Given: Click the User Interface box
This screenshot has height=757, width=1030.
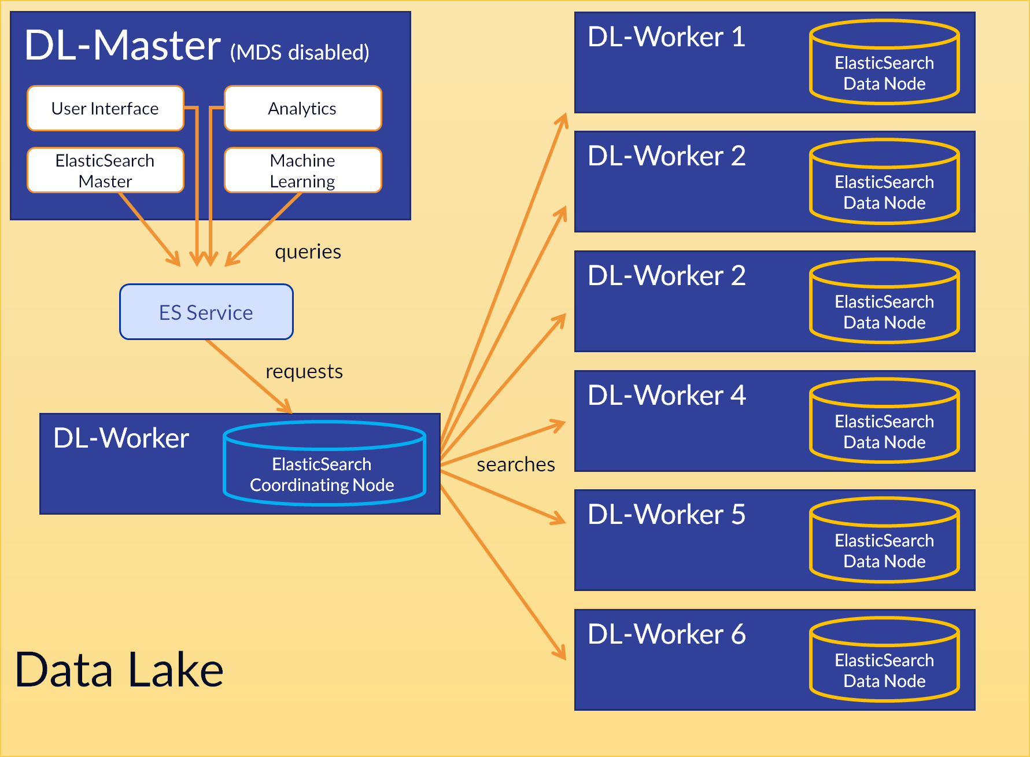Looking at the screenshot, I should [x=105, y=109].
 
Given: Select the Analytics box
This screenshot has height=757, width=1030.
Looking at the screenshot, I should [x=302, y=109].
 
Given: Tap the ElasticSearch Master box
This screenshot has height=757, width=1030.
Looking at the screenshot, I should [x=105, y=171].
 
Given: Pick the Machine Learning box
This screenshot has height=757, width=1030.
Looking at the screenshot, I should [x=302, y=171].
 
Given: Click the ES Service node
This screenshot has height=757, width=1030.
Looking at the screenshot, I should [x=206, y=312].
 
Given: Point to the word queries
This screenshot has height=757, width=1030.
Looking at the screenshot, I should [x=308, y=252].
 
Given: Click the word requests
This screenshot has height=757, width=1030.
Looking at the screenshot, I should [x=304, y=371].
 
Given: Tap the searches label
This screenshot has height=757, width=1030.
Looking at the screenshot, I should [x=515, y=464].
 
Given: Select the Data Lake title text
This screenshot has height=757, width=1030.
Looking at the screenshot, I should [x=119, y=670].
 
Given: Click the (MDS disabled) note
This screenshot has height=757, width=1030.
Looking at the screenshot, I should [x=300, y=53].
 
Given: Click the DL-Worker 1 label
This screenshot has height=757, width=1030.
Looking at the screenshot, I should [x=666, y=38].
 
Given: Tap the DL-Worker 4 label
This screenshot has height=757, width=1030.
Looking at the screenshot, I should [x=666, y=396].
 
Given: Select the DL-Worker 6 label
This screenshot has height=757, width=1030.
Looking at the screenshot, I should [x=666, y=634].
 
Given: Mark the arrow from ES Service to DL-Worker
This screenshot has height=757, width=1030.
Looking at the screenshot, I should [x=249, y=376].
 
